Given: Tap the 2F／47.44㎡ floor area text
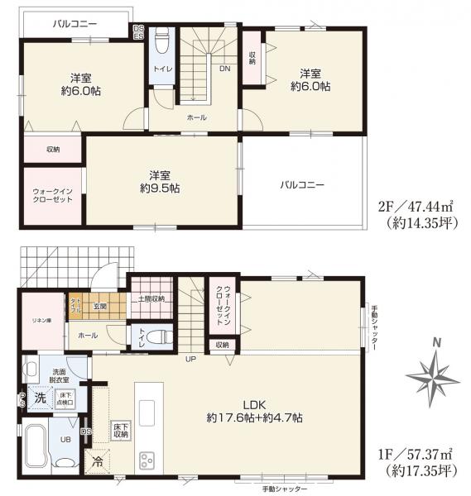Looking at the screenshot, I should point(412,207).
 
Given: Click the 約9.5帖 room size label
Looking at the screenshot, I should point(160,188).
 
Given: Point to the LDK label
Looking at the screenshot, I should point(253,404).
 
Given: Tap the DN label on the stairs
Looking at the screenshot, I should point(223,69).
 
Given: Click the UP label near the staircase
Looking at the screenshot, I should point(190,359).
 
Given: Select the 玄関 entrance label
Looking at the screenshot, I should point(100,308).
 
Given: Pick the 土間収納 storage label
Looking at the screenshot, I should point(150,298).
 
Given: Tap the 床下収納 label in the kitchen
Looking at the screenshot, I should point(121,430).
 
